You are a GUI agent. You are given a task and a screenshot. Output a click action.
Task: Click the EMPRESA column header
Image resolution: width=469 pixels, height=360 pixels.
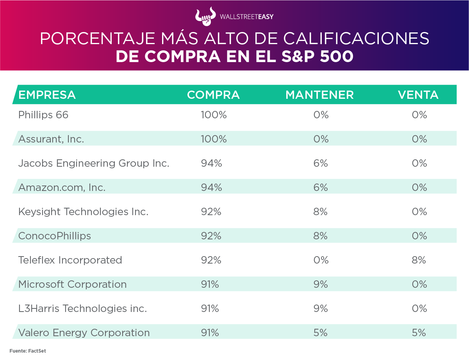point(47,95)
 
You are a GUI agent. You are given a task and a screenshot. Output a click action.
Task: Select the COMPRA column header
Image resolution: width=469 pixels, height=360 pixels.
point(213,95)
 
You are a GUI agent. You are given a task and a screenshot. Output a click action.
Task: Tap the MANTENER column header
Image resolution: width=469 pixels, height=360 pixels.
point(319,95)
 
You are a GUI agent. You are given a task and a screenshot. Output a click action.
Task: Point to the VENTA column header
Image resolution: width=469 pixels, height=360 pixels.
point(418,95)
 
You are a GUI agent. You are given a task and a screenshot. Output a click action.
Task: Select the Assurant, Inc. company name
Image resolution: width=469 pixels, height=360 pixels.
point(51,139)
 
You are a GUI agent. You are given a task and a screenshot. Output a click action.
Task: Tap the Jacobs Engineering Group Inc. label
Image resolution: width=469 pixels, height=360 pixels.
point(94,163)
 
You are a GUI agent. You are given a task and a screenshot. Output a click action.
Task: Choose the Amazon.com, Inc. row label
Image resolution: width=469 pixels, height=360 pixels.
point(62,187)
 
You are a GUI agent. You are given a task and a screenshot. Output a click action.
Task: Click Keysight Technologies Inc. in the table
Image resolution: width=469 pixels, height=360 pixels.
point(83,212)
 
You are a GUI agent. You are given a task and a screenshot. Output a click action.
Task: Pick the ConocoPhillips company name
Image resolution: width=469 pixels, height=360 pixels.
point(55,236)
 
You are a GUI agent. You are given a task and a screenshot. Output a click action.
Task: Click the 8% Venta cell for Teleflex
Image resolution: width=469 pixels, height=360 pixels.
point(419,260)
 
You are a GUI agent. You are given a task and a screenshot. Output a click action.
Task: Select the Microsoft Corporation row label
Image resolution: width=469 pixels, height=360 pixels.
point(72,284)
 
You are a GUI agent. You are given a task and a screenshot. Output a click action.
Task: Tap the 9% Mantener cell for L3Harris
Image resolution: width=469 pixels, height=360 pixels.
point(321,308)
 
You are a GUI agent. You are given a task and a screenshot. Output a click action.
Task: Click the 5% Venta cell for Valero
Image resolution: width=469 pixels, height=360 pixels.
point(419,333)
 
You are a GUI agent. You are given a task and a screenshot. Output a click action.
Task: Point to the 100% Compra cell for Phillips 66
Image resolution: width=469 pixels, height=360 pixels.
point(214,115)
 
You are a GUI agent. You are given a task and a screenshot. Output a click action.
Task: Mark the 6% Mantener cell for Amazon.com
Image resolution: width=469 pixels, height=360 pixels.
point(321,187)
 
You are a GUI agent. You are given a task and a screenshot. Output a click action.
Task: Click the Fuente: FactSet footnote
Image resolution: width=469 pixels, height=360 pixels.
point(28,351)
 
